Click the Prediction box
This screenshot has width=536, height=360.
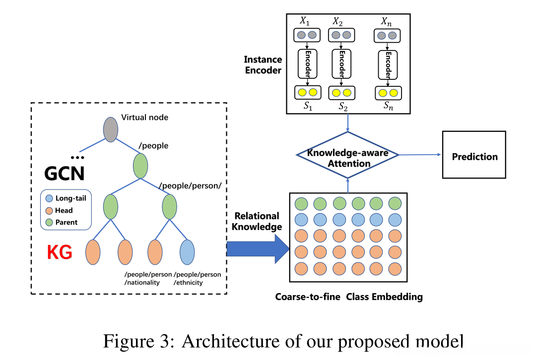coord(474,157)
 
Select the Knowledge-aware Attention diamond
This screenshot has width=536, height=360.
coord(347,155)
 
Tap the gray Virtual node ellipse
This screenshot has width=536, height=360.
coord(111,129)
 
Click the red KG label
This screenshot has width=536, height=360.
coord(60,252)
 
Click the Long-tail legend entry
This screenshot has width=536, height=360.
coord(66,198)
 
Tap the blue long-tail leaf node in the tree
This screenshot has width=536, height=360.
coord(187,252)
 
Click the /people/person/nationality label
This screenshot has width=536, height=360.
coord(148,278)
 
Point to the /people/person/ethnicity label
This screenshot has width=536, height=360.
coord(198,278)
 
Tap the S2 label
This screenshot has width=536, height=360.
coord(343,106)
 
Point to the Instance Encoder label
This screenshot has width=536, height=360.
coord(263,64)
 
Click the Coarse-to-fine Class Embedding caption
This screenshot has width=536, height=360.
coord(349,297)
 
